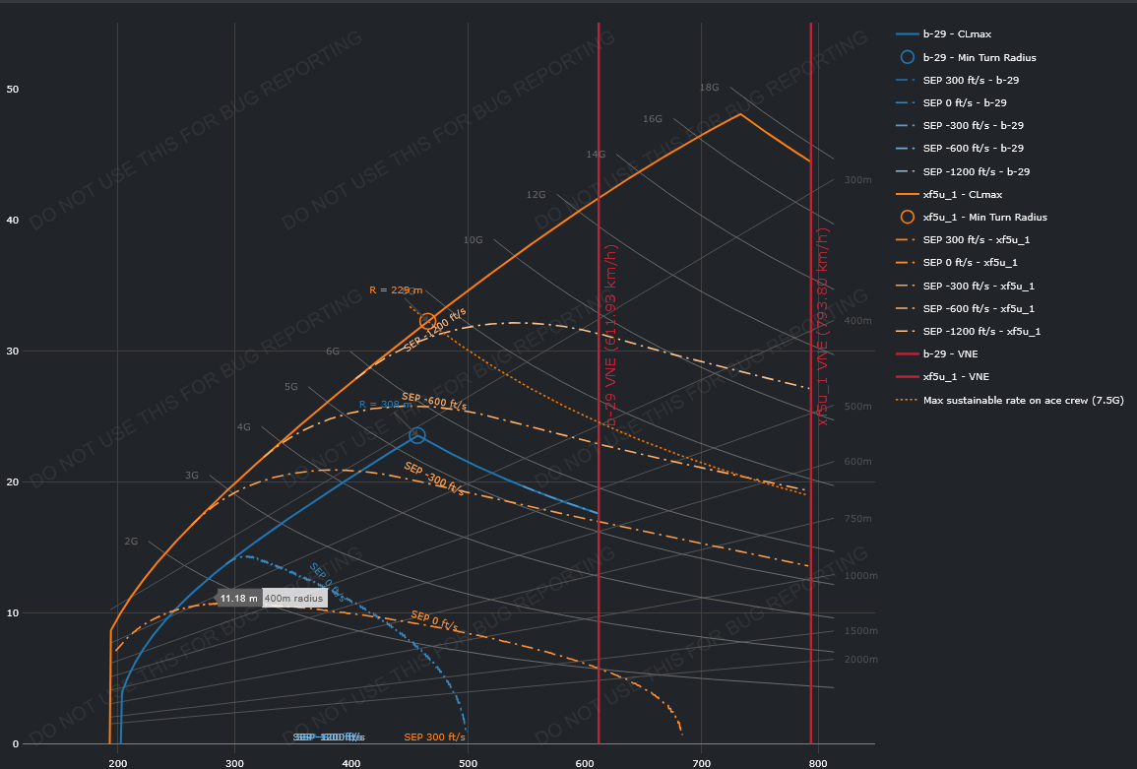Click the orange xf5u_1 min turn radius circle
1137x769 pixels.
coord(427,321)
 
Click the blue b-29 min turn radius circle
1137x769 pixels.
coord(417,435)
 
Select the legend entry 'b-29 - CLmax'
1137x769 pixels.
coord(958,34)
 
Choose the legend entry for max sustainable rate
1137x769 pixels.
coord(1023,400)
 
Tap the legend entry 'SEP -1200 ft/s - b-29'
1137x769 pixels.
coord(976,171)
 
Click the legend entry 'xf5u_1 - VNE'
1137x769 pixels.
coord(956,376)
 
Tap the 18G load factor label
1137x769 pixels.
coord(709,88)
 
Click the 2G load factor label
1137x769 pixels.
coord(131,542)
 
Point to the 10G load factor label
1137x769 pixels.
coord(473,240)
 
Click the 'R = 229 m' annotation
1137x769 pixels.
coord(396,290)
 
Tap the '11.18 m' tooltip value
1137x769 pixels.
coord(238,599)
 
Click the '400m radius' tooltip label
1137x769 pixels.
coord(294,599)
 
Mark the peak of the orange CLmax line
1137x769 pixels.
coord(740,114)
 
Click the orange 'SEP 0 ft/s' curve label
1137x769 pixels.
coord(434,620)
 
